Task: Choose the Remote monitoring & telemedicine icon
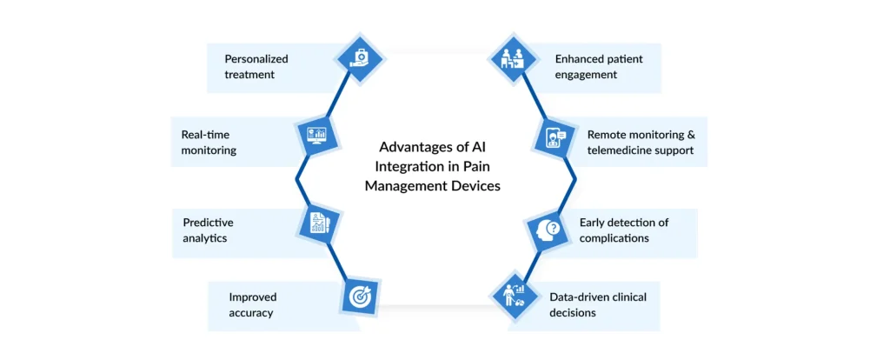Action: pos(553,137)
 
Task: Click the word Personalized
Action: pos(256,59)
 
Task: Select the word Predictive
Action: pos(208,223)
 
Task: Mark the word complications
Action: pos(614,237)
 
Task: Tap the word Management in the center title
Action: pos(402,185)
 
